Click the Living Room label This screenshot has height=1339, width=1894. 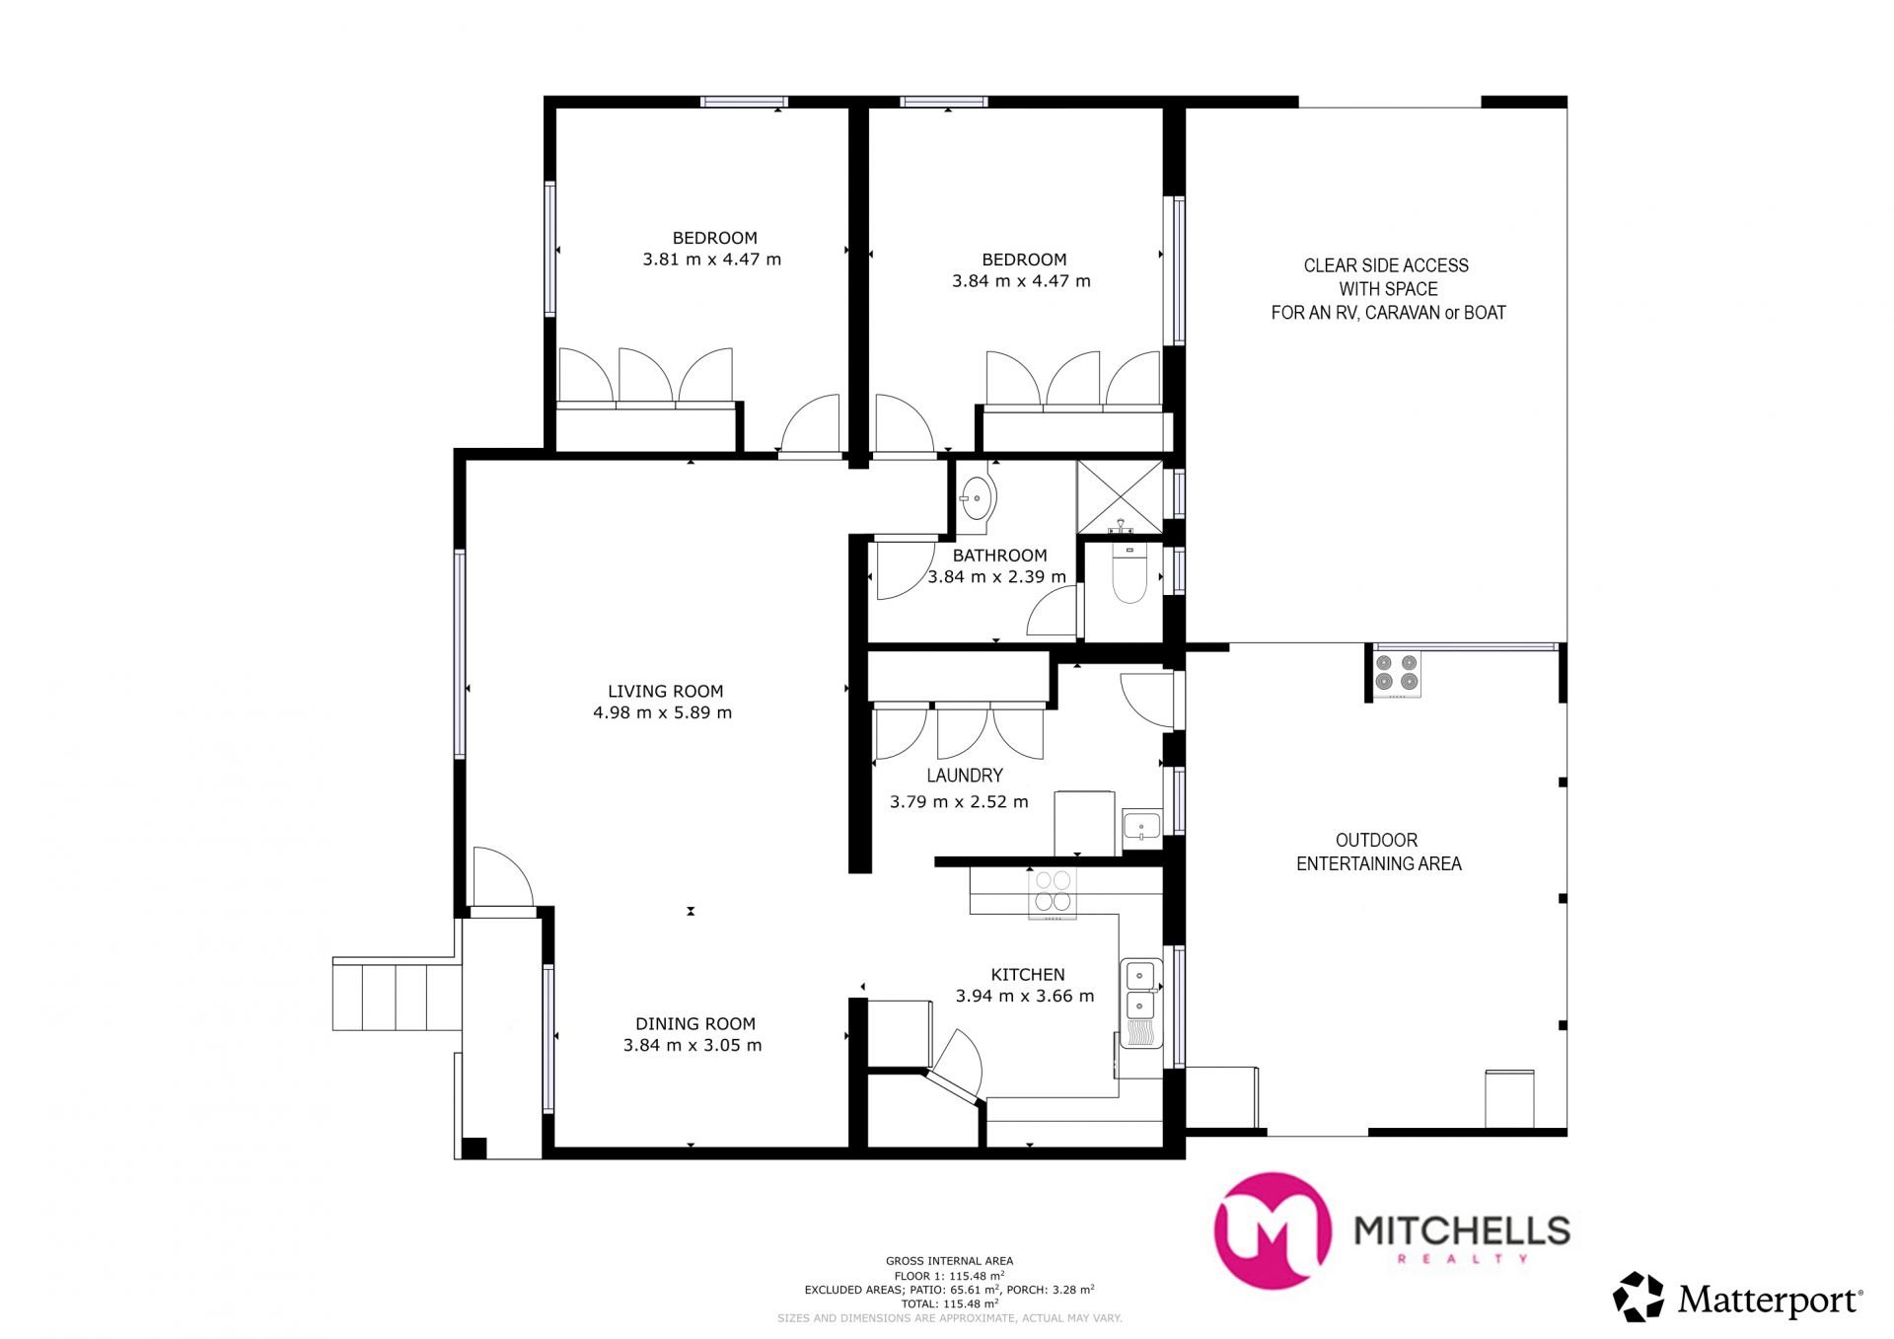coord(665,692)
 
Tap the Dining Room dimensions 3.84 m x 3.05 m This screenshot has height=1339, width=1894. coord(692,1046)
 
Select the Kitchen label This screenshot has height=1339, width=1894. coord(1028,975)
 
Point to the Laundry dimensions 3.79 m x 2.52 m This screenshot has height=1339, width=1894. coord(959,802)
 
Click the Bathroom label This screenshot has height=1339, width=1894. coord(999,556)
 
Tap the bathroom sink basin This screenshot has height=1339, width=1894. coord(978,498)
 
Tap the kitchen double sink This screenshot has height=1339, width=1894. coord(1140,990)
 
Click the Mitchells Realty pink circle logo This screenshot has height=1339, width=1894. coord(1272,1230)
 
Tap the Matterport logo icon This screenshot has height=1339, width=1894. coord(1639,1297)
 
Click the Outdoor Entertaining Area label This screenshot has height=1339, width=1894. coord(1378,852)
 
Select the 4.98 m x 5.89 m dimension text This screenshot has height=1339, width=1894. coord(663,713)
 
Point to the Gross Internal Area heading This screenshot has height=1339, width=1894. coord(949,1261)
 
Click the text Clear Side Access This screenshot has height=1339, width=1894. coord(1386,265)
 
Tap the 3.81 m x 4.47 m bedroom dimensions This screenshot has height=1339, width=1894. coord(712,260)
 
